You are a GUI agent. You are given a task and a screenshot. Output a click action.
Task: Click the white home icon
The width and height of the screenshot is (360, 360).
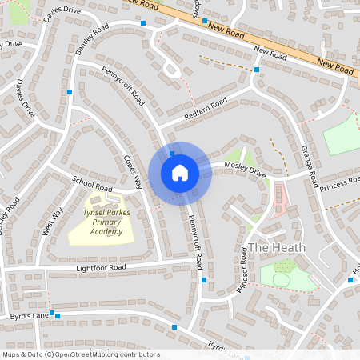tap(180, 172)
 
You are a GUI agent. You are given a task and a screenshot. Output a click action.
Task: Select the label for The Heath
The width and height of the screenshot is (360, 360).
tap(277, 248)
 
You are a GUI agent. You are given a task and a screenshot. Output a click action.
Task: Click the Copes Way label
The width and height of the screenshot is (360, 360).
tap(133, 170)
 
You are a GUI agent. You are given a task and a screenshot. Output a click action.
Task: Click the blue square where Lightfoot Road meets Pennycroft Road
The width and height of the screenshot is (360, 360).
tap(205, 280)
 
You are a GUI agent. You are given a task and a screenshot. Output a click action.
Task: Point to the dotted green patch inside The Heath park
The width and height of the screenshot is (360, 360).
tap(285, 266)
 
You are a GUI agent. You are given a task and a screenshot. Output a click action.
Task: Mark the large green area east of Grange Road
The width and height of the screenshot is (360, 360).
tap(343, 134)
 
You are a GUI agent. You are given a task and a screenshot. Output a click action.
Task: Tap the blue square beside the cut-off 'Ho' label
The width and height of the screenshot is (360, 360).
tap(350, 280)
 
